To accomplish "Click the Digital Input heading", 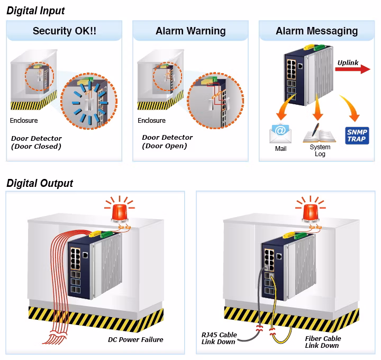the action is pyautogui.click(x=35, y=11).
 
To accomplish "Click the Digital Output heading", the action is pyautogui.click(x=40, y=183).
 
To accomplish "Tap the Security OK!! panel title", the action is pyautogui.click(x=65, y=31).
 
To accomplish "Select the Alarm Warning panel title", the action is pyautogui.click(x=190, y=31).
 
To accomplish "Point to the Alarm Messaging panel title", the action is pyautogui.click(x=316, y=31).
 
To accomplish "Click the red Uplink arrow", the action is pyautogui.click(x=352, y=69).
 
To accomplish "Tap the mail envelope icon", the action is pyautogui.click(x=280, y=133).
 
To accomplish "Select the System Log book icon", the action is pyautogui.click(x=319, y=133).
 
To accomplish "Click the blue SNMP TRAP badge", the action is pyautogui.click(x=357, y=136).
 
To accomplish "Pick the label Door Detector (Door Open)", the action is pyautogui.click(x=167, y=141).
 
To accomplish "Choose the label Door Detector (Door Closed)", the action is pyautogui.click(x=37, y=142).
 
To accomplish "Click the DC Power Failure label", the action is pyautogui.click(x=135, y=339).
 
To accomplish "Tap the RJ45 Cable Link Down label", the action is pyautogui.click(x=219, y=338).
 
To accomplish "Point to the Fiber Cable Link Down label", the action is pyautogui.click(x=323, y=342).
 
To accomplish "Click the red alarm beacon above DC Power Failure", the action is pyautogui.click(x=120, y=210).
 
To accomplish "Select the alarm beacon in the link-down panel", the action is pyautogui.click(x=310, y=210).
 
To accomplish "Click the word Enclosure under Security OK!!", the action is pyautogui.click(x=24, y=121).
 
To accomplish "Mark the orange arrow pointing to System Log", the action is pyautogui.click(x=317, y=107).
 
